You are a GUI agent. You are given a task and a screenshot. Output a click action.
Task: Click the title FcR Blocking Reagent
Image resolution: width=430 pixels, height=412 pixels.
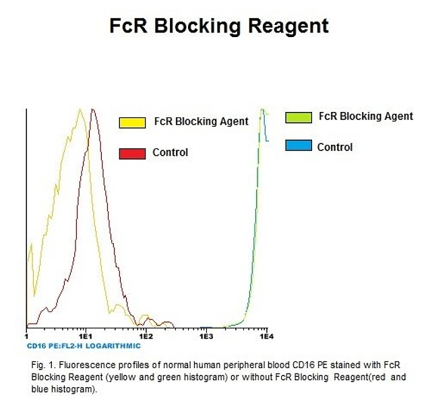tap(219, 26)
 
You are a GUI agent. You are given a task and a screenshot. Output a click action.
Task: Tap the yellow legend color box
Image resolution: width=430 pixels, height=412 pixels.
tap(132, 123)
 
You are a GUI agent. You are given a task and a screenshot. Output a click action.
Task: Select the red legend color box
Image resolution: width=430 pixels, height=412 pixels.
tap(132, 154)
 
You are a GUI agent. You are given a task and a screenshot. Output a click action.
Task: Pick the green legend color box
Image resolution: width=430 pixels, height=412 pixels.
tap(299, 117)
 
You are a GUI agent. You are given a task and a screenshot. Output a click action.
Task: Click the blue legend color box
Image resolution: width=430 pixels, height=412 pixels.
tap(299, 146)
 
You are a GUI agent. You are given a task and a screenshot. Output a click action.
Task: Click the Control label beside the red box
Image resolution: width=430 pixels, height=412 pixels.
tap(171, 152)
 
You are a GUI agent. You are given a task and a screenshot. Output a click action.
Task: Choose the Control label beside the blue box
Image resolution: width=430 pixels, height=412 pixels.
tap(335, 147)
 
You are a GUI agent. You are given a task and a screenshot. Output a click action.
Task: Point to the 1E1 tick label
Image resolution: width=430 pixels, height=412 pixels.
tap(86, 336)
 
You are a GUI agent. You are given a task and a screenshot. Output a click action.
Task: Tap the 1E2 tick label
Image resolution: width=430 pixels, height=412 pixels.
tap(146, 336)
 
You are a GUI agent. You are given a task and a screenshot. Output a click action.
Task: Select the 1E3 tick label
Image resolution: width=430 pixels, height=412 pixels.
tap(206, 336)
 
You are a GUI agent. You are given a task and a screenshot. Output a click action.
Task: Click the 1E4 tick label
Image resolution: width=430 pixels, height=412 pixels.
tap(266, 336)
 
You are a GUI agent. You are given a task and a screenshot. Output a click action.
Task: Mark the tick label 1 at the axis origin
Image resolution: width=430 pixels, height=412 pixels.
tap(26, 336)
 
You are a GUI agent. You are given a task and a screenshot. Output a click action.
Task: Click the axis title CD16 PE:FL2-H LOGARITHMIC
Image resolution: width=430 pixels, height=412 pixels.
tap(84, 346)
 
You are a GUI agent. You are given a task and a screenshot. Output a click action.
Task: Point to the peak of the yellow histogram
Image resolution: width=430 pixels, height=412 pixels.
tap(80, 109)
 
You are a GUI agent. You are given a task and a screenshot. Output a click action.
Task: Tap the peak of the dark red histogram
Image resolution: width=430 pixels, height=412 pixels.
tap(93, 109)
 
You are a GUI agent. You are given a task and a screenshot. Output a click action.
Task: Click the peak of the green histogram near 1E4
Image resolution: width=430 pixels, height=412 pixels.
tap(262, 109)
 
